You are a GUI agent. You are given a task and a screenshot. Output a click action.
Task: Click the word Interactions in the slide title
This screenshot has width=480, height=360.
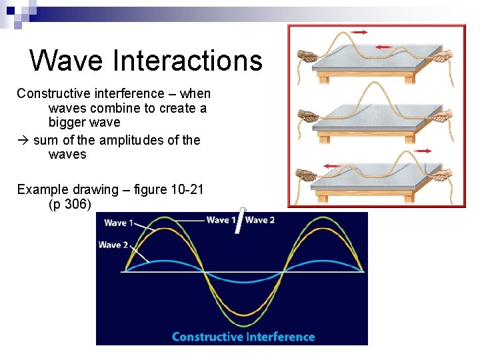click(x=188, y=61)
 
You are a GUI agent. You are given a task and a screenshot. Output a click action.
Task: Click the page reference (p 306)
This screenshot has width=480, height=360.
click(x=70, y=204)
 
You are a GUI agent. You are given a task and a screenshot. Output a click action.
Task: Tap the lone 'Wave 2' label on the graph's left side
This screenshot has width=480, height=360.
click(x=113, y=245)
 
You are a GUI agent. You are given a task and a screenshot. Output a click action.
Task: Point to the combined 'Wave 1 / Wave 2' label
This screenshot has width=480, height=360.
click(x=240, y=220)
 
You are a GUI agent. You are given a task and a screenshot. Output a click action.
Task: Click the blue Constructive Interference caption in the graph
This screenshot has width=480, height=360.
click(x=243, y=336)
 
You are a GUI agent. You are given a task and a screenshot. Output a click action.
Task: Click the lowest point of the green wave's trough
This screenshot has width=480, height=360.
click(x=244, y=326)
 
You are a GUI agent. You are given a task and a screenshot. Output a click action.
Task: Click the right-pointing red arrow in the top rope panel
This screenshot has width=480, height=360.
click(x=359, y=32)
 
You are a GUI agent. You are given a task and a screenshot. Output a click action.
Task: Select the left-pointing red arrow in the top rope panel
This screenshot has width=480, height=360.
click(x=383, y=47)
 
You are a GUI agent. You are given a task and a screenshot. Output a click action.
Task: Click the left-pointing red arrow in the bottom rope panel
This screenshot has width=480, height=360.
click(x=331, y=165)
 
